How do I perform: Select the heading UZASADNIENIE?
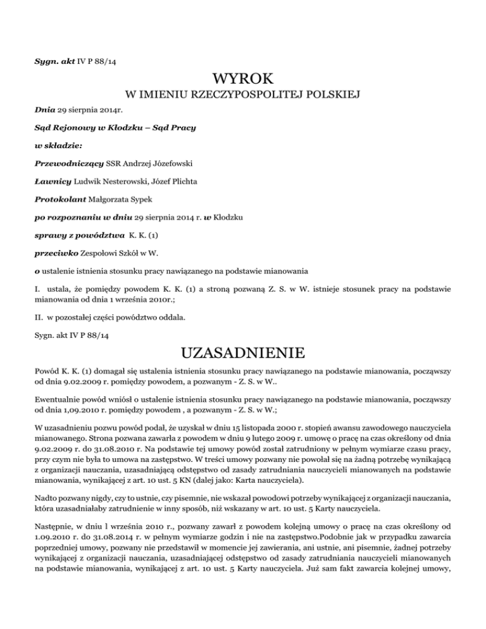(x=243, y=351)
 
